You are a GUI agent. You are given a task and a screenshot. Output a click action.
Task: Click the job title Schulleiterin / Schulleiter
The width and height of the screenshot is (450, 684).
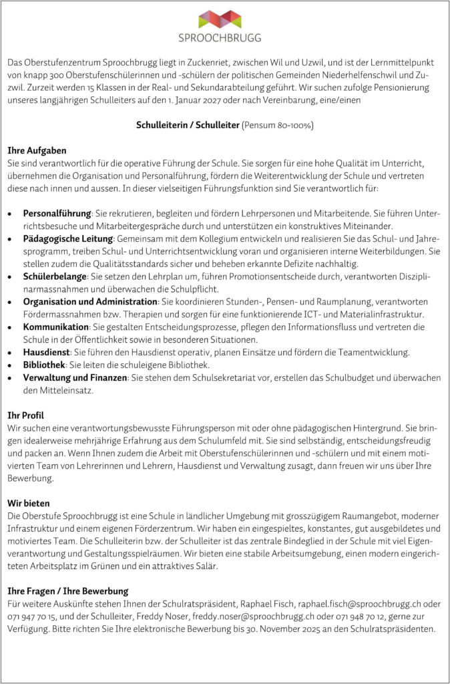188,125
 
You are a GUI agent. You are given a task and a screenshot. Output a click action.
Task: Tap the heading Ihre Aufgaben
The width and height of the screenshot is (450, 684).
37,150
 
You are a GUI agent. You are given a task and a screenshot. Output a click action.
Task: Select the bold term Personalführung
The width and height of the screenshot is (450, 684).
57,212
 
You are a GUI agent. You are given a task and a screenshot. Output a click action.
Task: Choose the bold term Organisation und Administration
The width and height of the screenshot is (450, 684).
90,301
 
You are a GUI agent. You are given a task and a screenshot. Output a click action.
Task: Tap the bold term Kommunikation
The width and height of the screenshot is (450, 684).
55,326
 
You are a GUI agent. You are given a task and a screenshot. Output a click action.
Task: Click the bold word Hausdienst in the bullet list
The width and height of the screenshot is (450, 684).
48,351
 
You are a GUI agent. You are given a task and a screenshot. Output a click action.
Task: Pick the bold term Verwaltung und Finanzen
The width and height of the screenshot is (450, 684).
75,377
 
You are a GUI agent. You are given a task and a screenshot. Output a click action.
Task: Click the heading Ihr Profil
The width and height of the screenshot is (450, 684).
25,415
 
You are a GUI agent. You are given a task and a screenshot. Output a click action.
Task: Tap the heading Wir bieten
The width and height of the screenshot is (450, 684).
28,503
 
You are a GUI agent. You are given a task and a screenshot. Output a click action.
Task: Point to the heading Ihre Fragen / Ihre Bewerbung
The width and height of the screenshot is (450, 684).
67,591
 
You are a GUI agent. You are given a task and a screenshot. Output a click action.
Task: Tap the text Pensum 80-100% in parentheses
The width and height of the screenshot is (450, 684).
278,125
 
